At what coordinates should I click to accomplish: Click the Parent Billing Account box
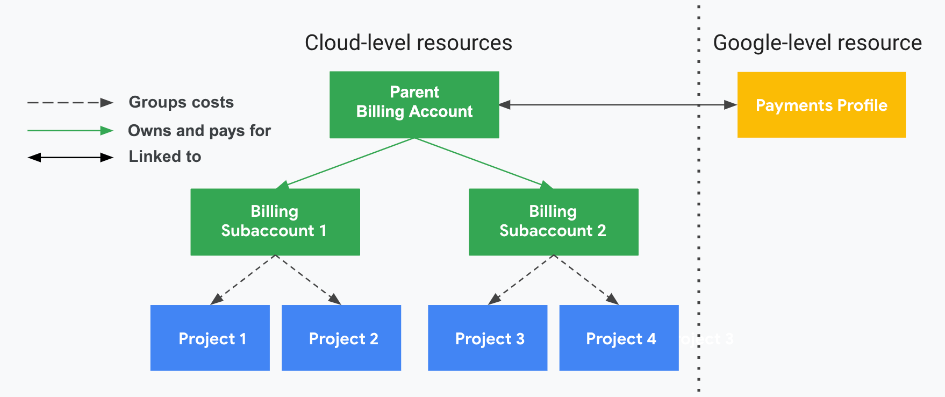click(414, 104)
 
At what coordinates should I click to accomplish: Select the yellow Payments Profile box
click(821, 105)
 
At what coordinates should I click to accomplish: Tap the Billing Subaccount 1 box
click(275, 222)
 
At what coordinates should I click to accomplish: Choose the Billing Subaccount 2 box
click(553, 222)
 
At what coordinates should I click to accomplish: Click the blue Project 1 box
click(210, 338)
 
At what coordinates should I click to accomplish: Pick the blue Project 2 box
click(341, 338)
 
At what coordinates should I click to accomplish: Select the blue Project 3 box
click(488, 338)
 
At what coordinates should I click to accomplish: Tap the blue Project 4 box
click(619, 338)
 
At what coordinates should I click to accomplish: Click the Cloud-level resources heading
click(408, 43)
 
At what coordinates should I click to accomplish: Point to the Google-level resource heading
click(817, 43)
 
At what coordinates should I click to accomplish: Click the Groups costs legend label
click(181, 102)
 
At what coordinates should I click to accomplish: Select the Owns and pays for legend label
click(199, 131)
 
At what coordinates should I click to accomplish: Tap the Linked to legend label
click(164, 157)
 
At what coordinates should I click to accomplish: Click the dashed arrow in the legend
click(70, 102)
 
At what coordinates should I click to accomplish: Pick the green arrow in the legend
click(70, 130)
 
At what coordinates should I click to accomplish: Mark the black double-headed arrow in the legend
click(70, 157)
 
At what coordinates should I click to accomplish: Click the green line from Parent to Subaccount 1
click(349, 162)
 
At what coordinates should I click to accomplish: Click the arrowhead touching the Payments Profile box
click(731, 105)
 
